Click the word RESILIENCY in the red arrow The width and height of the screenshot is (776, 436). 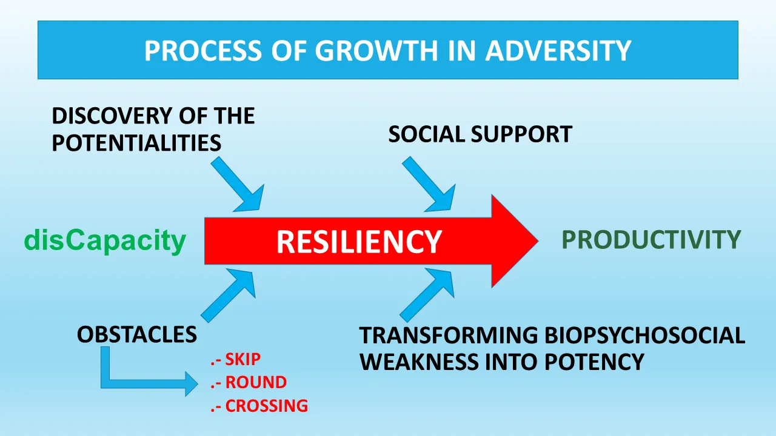359,242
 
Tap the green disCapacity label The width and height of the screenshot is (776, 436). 105,241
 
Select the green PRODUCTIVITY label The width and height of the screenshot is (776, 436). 651,239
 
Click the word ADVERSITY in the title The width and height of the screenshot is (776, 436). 558,50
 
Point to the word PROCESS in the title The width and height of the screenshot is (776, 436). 202,50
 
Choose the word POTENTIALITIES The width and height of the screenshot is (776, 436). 136,142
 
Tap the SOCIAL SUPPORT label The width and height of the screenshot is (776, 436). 480,134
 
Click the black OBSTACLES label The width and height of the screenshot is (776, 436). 137,334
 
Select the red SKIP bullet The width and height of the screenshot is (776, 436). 236,359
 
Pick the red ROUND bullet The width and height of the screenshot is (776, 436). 249,382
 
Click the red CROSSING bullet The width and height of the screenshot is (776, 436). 259,406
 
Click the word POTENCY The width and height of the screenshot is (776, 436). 594,362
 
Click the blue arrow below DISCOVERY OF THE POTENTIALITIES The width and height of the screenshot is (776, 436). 239,185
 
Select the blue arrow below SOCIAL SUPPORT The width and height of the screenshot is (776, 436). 430,185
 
